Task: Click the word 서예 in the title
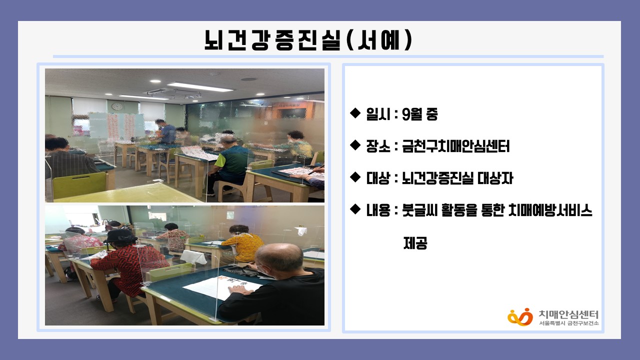378,40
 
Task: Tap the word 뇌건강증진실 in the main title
273,40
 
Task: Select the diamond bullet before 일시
355,113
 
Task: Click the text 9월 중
419,114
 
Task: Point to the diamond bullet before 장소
355,145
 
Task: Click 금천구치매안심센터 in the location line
455,146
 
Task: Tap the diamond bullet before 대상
355,177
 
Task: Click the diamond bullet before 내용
355,209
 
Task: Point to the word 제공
415,243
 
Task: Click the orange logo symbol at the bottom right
520,316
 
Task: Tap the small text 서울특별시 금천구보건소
568,323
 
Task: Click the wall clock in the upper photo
117,106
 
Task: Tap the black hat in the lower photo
120,235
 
